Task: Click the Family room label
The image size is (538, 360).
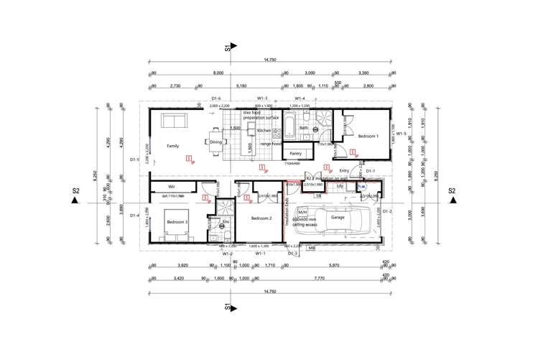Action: click(172, 145)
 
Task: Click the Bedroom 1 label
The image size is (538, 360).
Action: click(368, 136)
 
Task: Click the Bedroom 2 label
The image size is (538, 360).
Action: click(260, 217)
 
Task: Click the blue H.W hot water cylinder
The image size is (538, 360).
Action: click(362, 186)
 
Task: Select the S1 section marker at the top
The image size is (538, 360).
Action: click(228, 48)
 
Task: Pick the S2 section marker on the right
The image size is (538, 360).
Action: click(452, 192)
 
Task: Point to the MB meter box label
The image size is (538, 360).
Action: click(312, 248)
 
